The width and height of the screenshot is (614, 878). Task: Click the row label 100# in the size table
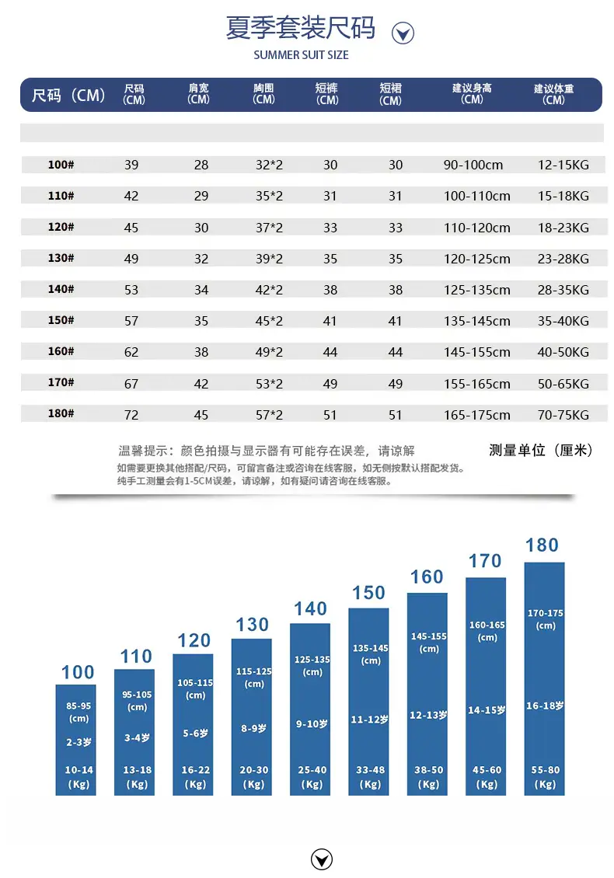click(x=61, y=165)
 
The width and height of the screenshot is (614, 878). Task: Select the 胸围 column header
click(x=263, y=93)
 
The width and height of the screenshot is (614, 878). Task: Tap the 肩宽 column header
click(x=198, y=93)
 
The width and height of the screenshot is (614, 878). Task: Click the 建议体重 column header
click(x=553, y=94)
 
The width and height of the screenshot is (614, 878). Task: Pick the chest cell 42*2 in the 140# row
click(x=269, y=290)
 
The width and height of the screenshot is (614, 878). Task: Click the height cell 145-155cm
click(x=476, y=352)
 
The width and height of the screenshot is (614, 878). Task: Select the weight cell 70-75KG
click(x=563, y=414)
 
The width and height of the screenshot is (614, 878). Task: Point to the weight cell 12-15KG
click(x=563, y=165)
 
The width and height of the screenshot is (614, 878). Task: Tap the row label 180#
click(x=61, y=413)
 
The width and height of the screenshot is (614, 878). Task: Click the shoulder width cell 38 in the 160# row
click(x=201, y=352)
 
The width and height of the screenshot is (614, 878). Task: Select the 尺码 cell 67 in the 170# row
click(x=131, y=384)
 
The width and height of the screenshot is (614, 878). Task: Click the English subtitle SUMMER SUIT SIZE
click(x=301, y=55)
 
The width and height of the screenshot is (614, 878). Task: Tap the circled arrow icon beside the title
click(x=403, y=33)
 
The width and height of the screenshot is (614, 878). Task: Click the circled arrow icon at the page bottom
click(x=322, y=859)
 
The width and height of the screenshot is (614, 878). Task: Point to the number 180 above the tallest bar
click(x=542, y=545)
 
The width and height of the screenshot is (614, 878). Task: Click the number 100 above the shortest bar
click(x=77, y=672)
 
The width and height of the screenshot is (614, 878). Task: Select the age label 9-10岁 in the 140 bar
click(x=312, y=724)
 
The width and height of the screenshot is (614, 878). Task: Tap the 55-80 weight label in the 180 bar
click(x=545, y=770)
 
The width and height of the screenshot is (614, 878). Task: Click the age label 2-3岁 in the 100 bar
click(x=78, y=742)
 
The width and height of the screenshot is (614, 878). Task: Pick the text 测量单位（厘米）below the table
click(x=541, y=450)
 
